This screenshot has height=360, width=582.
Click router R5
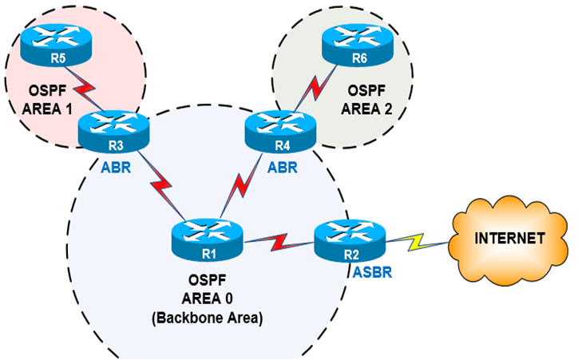56,45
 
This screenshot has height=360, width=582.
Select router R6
357,45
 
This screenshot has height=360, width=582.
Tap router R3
113,132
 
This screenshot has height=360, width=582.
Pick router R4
280,132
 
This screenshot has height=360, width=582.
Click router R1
208,240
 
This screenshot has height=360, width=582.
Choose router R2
350,240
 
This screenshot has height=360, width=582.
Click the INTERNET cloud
509,240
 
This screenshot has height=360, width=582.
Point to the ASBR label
372,272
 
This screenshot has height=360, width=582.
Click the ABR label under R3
116,168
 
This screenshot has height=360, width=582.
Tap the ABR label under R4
283,168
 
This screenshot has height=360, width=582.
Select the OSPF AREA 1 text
48,100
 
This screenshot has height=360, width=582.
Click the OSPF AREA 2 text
366,100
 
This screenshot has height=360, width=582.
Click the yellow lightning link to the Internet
417,242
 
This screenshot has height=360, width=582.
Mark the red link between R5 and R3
85,89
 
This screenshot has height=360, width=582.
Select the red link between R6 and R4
315,89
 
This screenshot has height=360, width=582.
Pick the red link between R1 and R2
279,242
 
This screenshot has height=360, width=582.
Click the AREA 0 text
207,299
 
